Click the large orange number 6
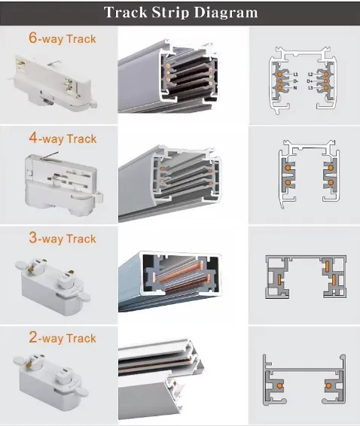point(32,38)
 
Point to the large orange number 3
point(32,239)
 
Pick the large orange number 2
point(32,338)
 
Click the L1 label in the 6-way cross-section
point(296,75)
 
